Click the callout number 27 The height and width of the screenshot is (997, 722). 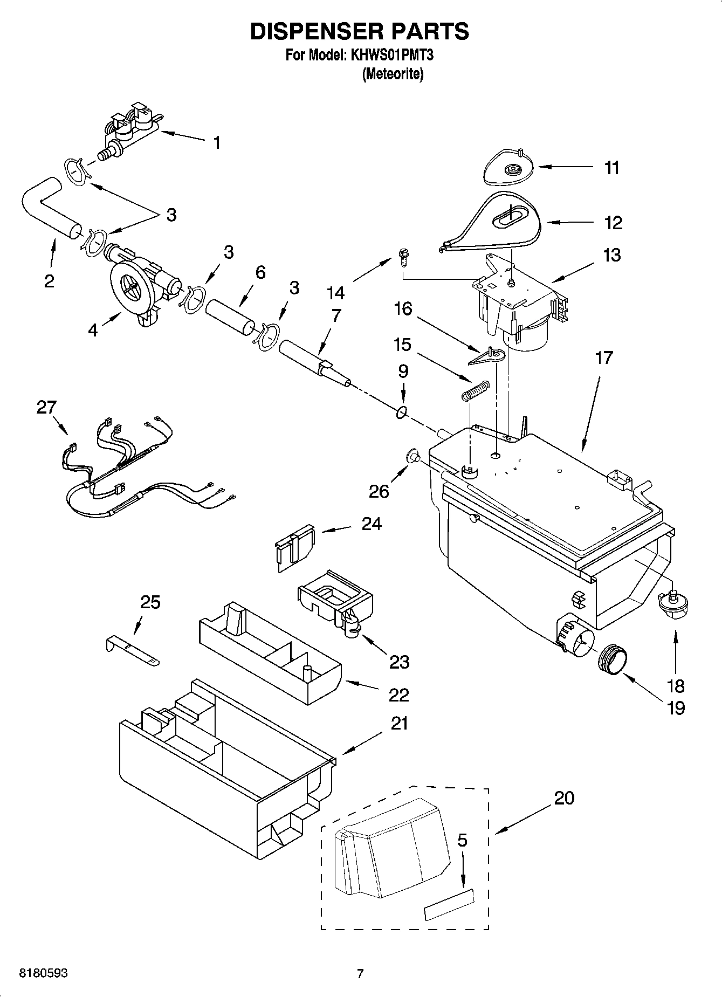(46, 407)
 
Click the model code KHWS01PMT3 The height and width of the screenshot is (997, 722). (392, 55)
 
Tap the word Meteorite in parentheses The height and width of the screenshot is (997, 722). (393, 74)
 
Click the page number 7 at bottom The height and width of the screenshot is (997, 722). (360, 973)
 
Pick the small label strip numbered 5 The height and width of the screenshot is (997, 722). (450, 911)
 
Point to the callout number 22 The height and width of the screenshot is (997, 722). (398, 695)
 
